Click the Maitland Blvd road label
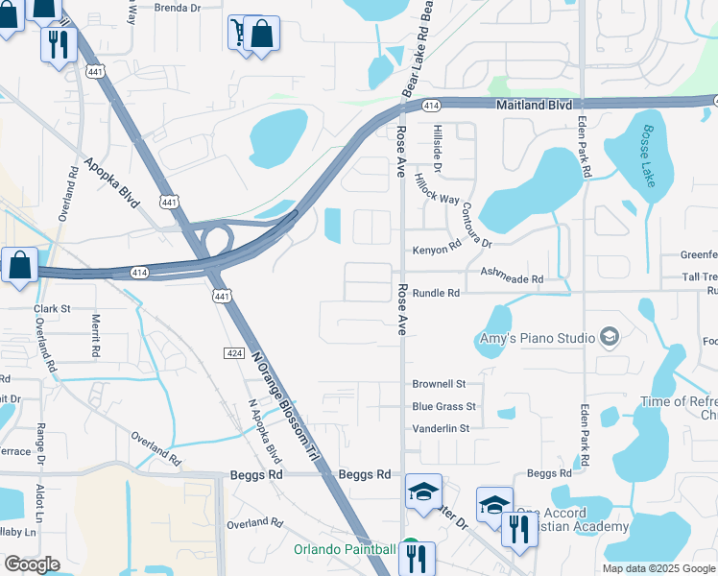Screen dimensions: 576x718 [x=534, y=104]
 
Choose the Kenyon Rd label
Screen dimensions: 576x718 [x=437, y=246]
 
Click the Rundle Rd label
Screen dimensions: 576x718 [x=437, y=293]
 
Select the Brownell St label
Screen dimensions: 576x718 [x=439, y=384]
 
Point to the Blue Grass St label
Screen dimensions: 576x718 [x=443, y=407]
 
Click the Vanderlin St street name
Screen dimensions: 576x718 [x=441, y=428]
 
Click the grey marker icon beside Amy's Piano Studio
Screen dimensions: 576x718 [x=608, y=337]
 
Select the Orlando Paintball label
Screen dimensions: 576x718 [x=345, y=549]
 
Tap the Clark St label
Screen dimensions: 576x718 [x=53, y=309]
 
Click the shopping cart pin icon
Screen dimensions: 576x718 [x=237, y=32]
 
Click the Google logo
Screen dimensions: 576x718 [x=32, y=564]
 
